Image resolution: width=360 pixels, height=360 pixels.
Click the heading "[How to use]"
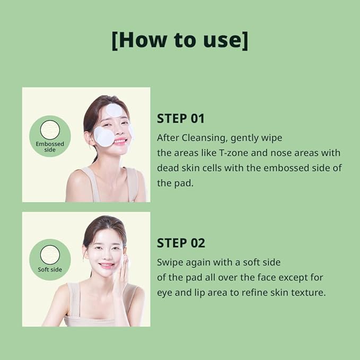click(180, 41)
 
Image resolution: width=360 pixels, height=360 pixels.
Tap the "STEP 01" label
click(180, 118)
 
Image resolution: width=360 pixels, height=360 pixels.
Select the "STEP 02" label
click(181, 243)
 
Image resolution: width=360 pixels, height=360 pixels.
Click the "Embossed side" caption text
click(49, 147)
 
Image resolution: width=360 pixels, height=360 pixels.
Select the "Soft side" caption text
click(50, 269)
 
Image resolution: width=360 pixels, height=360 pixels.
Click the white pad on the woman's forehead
click(114, 110)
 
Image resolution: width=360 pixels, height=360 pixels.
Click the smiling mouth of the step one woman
click(119, 142)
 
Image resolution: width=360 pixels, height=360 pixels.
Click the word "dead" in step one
click(168, 168)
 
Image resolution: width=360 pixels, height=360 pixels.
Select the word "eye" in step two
click(164, 292)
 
